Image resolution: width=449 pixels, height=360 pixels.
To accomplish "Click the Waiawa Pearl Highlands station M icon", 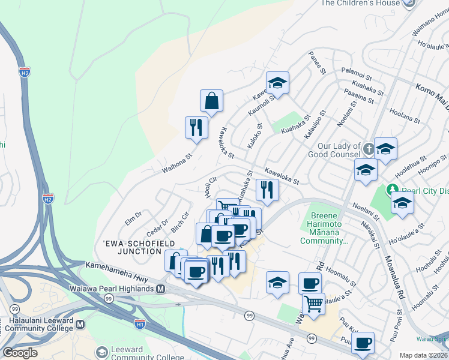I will coord(161,289).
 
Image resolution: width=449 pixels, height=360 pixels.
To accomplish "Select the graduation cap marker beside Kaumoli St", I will coord(277,84).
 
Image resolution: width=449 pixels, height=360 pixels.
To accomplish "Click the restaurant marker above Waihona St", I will coord(196,127).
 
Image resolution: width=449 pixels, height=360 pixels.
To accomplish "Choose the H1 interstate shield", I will coord(140,325).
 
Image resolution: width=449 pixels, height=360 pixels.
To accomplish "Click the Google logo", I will coord(20,353).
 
